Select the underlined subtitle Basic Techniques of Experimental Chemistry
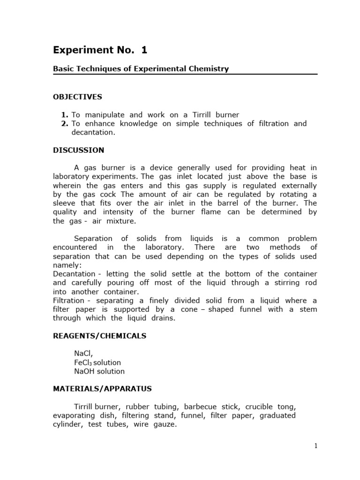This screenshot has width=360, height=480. click(141, 69)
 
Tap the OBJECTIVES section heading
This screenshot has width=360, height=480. click(77, 97)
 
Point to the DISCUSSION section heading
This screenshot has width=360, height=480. click(78, 150)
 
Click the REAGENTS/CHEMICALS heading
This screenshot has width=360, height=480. click(99, 336)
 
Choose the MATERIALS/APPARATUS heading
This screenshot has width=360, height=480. click(102, 389)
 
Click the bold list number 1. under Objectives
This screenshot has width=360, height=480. click(65, 115)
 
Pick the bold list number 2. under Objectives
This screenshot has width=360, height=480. click(65, 124)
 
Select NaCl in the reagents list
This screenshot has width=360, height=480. click(83, 353)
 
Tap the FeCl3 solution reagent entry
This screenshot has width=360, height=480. click(97, 362)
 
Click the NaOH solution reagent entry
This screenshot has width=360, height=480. click(99, 371)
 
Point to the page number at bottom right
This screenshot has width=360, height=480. click(316, 446)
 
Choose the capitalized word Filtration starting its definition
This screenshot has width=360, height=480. click(68, 300)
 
